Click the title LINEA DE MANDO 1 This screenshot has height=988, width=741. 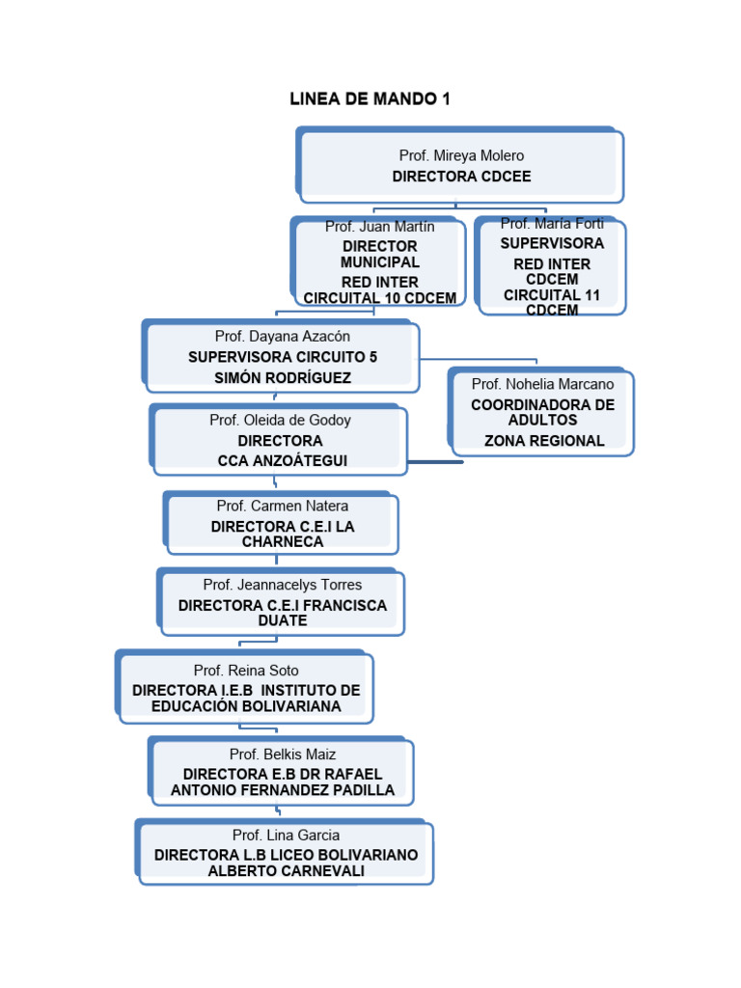(370, 99)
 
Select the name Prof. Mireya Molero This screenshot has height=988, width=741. (461, 155)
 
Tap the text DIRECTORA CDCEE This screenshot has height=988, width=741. (461, 177)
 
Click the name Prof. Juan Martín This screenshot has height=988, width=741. (379, 227)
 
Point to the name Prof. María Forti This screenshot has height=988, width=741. (552, 224)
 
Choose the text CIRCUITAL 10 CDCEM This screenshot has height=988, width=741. (379, 298)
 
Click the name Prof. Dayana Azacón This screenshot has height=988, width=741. (283, 337)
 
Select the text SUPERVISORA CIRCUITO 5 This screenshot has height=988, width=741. (283, 357)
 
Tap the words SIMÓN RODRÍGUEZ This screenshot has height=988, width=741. (283, 377)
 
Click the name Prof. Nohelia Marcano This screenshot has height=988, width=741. (542, 384)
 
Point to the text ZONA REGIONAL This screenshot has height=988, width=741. (544, 441)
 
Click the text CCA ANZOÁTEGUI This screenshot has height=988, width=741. (282, 461)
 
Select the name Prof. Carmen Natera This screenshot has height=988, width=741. (282, 506)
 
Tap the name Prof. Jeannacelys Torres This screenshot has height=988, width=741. (282, 585)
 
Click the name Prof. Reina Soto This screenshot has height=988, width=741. (246, 671)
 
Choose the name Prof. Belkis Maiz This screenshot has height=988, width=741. (283, 755)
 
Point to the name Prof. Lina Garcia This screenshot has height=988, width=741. (286, 836)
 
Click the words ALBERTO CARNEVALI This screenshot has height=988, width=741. (286, 871)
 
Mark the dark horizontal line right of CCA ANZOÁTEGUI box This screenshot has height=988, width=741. (435, 462)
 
